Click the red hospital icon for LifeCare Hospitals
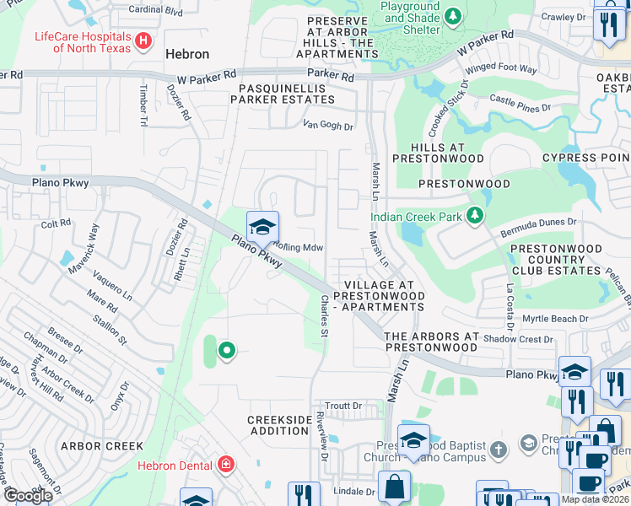click(143, 40)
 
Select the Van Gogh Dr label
click(328, 125)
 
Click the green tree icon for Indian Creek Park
click(475, 217)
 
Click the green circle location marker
click(226, 350)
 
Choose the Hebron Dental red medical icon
click(225, 464)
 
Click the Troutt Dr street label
click(343, 406)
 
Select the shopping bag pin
click(394, 487)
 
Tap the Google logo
click(28, 496)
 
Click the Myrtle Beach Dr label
click(554, 318)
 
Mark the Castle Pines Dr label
click(520, 105)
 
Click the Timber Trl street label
click(143, 105)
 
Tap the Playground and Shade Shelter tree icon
click(453, 16)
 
